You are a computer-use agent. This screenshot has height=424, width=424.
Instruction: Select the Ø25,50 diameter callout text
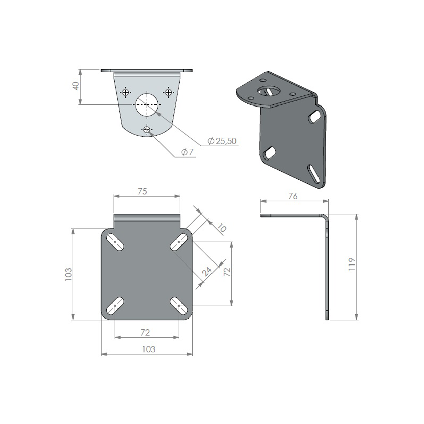coord(222,141)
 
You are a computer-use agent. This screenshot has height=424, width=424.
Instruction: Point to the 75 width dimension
coord(142,191)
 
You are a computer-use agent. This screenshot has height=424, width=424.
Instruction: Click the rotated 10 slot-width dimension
coord(220,228)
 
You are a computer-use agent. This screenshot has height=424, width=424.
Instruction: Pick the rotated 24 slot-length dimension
coord(207,272)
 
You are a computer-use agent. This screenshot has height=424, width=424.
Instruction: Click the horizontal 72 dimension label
coord(145,332)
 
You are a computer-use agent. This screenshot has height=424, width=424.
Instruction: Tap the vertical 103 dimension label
coord(69,274)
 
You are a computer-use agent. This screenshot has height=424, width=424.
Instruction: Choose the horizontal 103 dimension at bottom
coord(148,349)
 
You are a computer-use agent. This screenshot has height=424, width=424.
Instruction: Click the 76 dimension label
coord(293,196)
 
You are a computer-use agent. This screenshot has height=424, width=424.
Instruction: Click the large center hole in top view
coord(146,104)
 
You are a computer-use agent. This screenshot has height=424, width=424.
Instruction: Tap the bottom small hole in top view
coord(147,130)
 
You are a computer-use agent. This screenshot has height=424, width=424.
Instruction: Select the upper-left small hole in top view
coord(125,92)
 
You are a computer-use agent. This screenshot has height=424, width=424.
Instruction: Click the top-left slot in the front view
coord(116,242)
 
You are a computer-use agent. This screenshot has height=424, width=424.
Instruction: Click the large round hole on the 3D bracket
coord(267,91)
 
